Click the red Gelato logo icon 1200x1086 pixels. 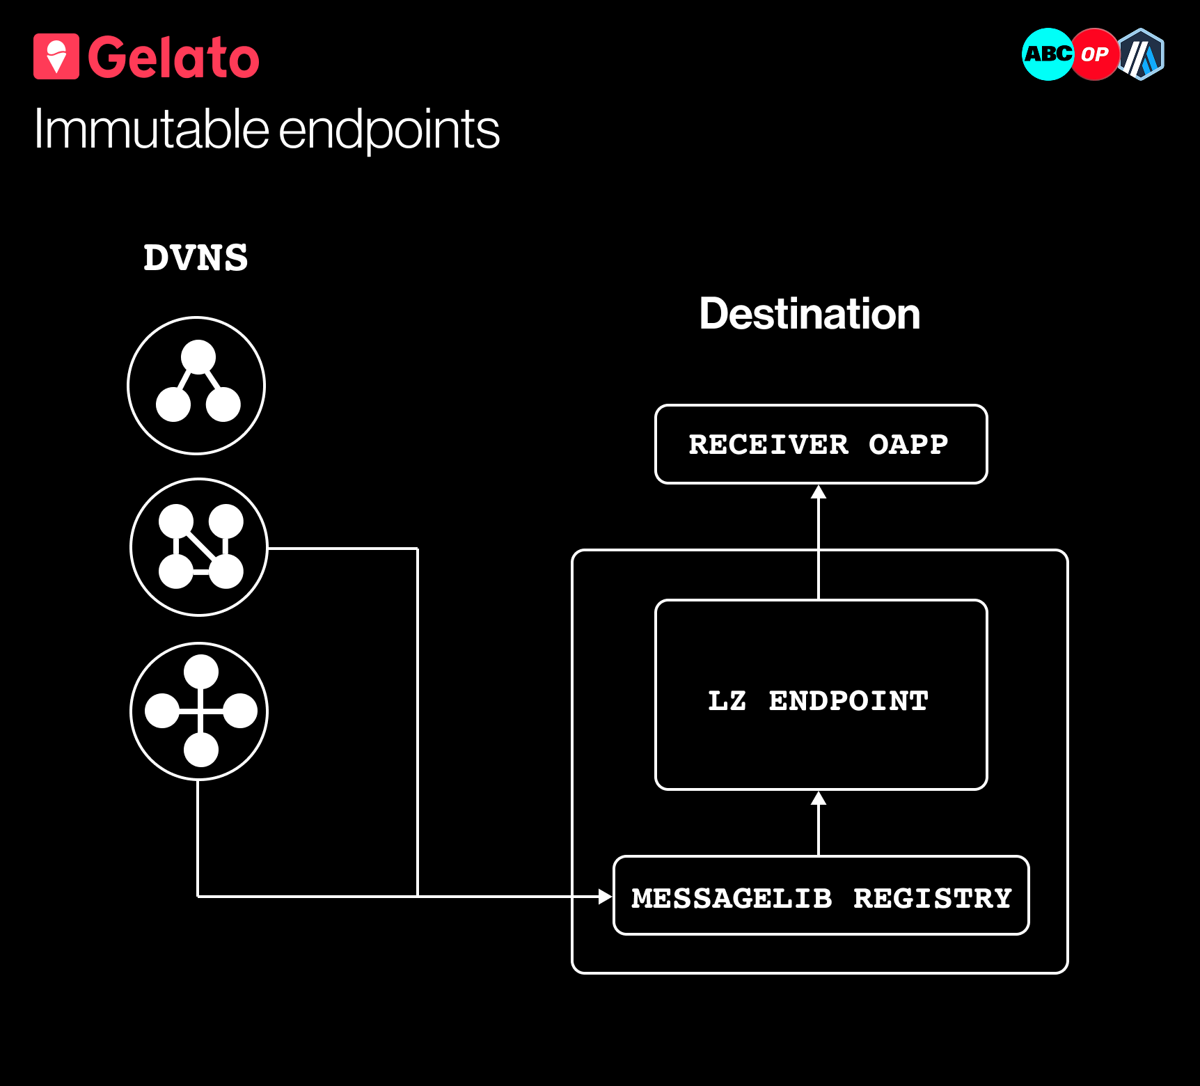click(56, 56)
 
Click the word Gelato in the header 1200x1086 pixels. click(173, 57)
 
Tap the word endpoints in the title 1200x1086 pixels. click(390, 131)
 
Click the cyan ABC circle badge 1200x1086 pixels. click(1048, 54)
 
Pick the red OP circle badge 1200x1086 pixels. click(1094, 54)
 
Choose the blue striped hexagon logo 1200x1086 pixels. click(1141, 54)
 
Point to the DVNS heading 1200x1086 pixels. click(196, 258)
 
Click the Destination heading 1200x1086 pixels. click(810, 314)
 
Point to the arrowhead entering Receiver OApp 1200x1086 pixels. click(819, 491)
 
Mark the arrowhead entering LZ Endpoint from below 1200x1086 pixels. click(819, 798)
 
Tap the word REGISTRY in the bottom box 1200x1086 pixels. click(933, 898)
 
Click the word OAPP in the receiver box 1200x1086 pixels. click(908, 444)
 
